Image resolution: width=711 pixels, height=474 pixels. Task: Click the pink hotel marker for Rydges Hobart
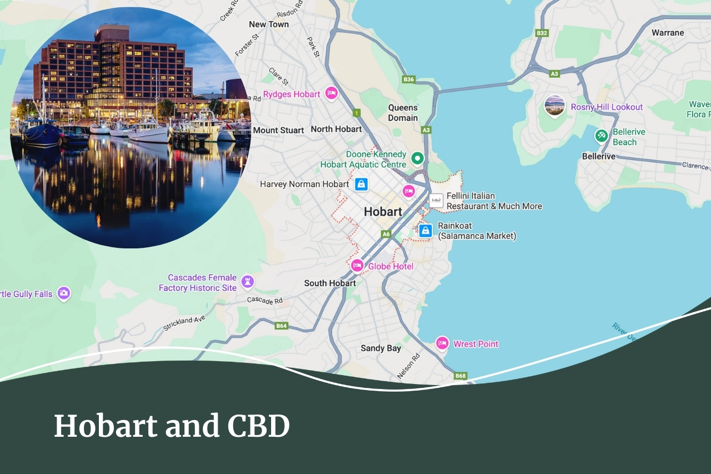[x=332, y=93]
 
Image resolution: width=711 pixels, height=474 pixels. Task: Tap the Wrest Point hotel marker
[x=442, y=343]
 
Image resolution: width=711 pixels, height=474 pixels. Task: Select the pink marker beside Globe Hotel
[x=357, y=266]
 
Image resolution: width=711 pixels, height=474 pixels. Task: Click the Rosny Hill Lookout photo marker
[x=554, y=106]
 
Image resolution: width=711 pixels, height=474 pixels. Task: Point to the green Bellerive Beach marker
[x=601, y=135]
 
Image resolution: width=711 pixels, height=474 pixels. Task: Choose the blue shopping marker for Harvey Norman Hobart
[x=361, y=184]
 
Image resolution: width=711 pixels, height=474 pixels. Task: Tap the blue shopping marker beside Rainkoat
[x=425, y=230]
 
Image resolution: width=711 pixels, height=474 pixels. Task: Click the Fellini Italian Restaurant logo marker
[x=437, y=201]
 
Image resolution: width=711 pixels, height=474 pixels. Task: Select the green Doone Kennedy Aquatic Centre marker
[x=417, y=159]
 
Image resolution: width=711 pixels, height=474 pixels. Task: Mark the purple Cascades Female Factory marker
[x=248, y=282]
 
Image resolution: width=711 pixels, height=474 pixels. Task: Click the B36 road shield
[x=409, y=79]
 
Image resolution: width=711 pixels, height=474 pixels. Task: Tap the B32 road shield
[x=542, y=33]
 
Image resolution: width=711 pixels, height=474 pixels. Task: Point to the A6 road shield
[x=386, y=234]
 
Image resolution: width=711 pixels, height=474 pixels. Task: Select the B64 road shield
[x=282, y=326]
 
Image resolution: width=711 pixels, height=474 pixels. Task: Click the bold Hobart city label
[x=383, y=212]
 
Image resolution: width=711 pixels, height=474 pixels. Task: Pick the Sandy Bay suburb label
[x=380, y=348]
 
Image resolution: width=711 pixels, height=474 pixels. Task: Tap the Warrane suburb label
[x=668, y=33]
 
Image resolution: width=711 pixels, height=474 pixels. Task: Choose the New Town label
[x=269, y=24]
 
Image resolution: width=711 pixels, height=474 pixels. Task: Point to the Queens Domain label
[x=403, y=112]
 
